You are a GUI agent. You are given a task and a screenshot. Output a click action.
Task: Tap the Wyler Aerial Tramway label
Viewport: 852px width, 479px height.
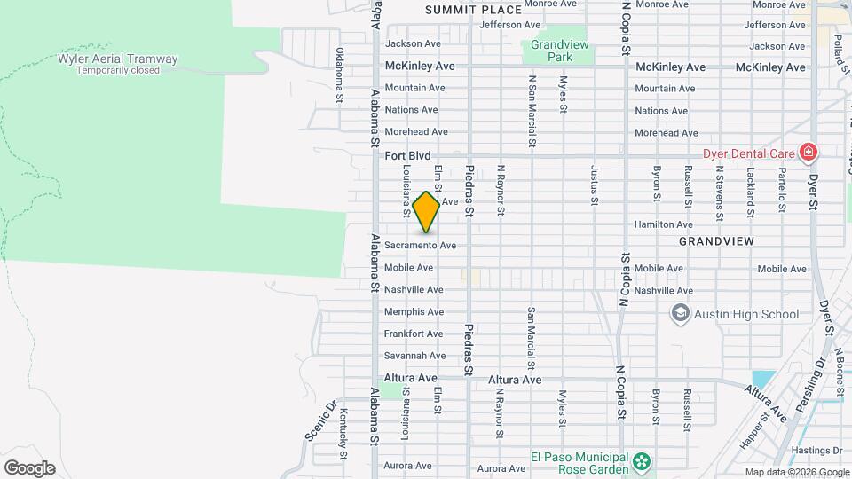click(117, 59)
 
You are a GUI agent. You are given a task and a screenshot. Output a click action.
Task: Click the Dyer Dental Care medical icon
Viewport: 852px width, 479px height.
click(808, 153)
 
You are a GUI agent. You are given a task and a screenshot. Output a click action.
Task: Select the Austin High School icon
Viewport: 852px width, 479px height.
click(681, 313)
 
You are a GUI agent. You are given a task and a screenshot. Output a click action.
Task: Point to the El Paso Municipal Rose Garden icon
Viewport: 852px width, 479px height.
click(642, 461)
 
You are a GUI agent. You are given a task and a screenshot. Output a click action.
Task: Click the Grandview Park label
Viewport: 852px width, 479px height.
click(551, 51)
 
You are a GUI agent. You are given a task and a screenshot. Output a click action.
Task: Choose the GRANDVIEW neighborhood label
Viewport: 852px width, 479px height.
click(716, 241)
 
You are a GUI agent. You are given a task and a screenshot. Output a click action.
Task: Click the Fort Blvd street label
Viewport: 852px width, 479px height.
click(407, 155)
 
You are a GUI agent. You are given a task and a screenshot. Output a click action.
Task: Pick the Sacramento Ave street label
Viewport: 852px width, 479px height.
click(420, 245)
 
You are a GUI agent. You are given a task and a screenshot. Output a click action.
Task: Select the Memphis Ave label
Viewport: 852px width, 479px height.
click(414, 312)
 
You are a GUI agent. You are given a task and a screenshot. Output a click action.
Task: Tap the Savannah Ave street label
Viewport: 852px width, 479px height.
click(414, 356)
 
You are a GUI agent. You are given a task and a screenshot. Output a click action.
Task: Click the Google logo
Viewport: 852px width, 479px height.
click(29, 468)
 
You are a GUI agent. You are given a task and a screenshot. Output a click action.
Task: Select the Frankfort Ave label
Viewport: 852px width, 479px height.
click(414, 334)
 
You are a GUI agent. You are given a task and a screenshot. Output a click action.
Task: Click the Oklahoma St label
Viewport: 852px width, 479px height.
click(339, 75)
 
